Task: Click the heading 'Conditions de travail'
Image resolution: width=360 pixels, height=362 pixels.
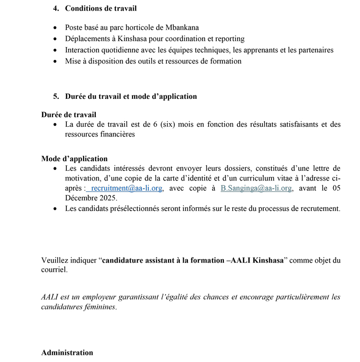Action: pyautogui.click(x=101, y=9)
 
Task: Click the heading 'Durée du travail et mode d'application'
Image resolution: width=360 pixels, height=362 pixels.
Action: pyautogui.click(x=131, y=96)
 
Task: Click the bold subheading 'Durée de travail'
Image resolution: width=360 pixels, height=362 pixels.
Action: pyautogui.click(x=68, y=115)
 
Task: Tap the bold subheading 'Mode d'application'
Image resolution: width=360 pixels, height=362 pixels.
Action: pyautogui.click(x=74, y=159)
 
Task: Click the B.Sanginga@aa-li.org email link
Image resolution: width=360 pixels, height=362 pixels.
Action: pyautogui.click(x=256, y=188)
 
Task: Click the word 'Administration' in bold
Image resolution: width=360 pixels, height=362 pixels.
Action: pyautogui.click(x=67, y=353)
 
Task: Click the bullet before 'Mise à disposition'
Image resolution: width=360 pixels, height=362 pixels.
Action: pyautogui.click(x=55, y=61)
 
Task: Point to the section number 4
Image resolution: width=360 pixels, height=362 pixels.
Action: pyautogui.click(x=55, y=9)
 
